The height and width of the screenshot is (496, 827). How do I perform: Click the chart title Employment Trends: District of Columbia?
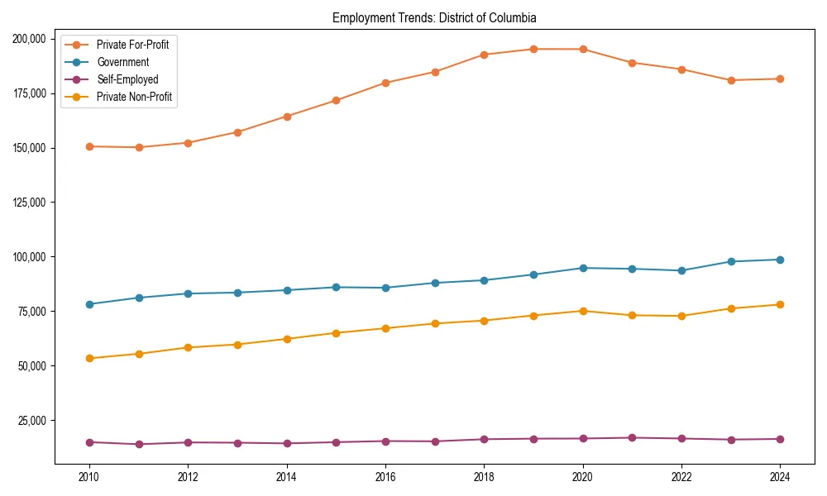[434, 17]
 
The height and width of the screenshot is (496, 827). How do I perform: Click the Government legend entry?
[122, 62]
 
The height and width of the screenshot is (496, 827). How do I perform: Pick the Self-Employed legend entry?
[127, 79]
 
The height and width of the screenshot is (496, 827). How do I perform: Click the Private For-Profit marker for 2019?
[533, 49]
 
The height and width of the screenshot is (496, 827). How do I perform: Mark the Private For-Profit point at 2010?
[89, 146]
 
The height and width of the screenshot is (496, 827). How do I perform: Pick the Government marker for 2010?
[89, 304]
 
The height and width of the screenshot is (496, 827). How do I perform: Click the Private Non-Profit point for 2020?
[583, 311]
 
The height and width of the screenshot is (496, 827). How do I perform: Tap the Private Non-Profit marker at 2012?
[188, 347]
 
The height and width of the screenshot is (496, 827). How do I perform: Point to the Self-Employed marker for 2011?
[139, 444]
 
